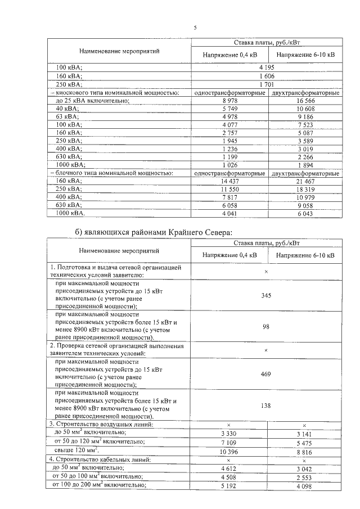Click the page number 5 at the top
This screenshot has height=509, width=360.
tap(195, 27)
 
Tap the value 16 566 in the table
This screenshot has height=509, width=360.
tap(304, 100)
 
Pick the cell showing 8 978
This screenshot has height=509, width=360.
tap(229, 100)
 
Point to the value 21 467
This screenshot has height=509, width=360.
tap(304, 182)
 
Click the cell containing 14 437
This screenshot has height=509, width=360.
tap(229, 182)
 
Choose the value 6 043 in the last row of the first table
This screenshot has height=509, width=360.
tap(304, 214)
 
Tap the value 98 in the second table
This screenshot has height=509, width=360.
tap(266, 326)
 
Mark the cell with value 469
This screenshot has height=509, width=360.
tap(266, 373)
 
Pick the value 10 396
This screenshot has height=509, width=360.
tap(229, 451)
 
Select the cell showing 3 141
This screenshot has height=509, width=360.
tap(304, 434)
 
